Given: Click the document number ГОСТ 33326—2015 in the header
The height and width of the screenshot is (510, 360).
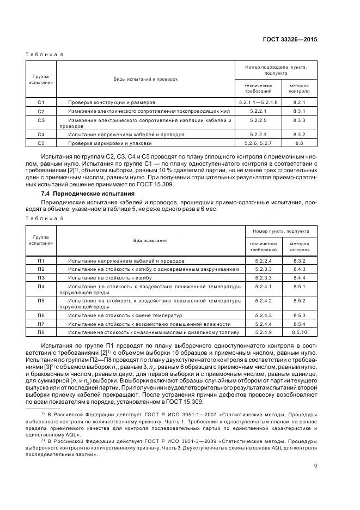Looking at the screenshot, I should (x=291, y=40).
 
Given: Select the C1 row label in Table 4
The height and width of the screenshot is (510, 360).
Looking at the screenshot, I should (x=41, y=102).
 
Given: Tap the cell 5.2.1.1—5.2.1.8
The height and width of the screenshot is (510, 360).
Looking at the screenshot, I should (x=258, y=102).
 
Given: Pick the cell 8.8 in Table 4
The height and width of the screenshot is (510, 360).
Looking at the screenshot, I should (x=298, y=143).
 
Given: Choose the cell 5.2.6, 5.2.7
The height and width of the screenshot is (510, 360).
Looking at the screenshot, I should (x=258, y=143).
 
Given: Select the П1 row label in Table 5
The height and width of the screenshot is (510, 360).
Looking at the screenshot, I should (x=41, y=261).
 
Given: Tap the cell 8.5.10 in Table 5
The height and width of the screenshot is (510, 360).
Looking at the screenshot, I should (x=300, y=332).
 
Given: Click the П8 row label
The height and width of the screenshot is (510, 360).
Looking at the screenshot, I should (x=41, y=332).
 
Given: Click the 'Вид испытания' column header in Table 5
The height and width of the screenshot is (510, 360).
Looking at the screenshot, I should (x=151, y=240).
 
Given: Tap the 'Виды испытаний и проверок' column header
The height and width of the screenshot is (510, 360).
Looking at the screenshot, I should (x=145, y=79).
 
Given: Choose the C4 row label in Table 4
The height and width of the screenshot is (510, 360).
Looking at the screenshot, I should (x=41, y=134).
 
